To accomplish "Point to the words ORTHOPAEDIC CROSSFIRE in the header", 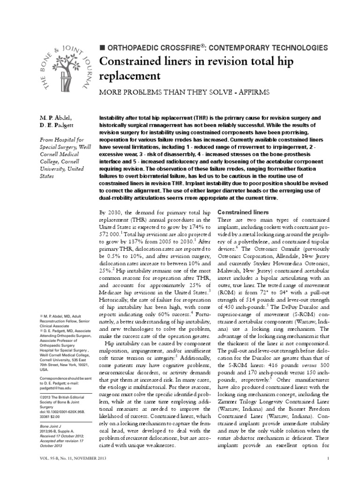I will pos(153,48).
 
